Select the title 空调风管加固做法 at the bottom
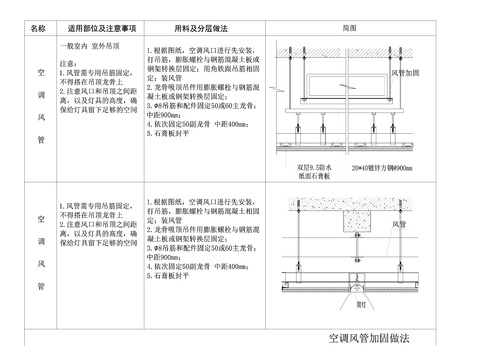pyautogui.click(x=368, y=339)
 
